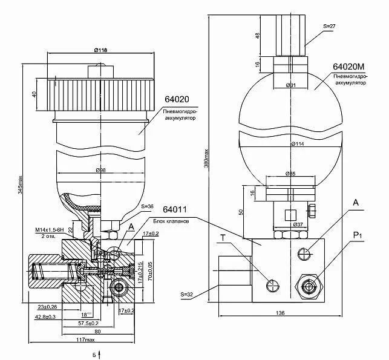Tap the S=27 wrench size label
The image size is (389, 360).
[x=330, y=26]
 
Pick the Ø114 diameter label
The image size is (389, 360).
[x=297, y=144]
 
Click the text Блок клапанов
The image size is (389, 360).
[x=175, y=222]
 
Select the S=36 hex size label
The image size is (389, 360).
[x=146, y=206]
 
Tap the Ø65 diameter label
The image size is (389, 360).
[x=291, y=174]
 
